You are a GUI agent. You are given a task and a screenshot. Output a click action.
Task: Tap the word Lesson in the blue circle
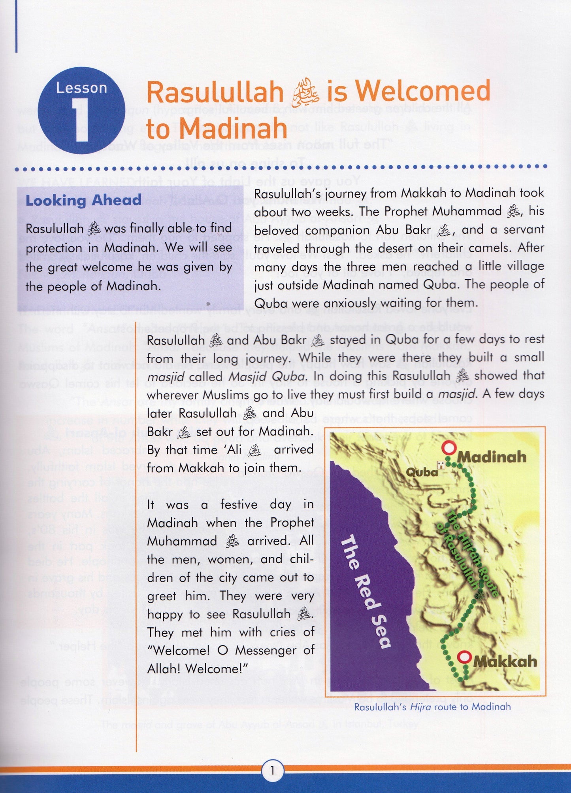(81, 88)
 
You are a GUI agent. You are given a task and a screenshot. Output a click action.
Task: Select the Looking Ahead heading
(83, 200)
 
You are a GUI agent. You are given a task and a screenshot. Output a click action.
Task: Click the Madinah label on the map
(492, 457)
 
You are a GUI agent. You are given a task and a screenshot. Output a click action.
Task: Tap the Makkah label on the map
(505, 661)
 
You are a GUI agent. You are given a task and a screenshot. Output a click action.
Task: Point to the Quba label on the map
(422, 472)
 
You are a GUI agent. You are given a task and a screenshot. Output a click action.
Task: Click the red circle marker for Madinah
(449, 449)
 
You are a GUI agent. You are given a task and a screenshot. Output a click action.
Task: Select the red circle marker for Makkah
(464, 657)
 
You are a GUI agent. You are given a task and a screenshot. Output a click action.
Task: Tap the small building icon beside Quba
(441, 465)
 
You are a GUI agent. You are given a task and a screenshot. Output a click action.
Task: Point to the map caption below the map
(432, 707)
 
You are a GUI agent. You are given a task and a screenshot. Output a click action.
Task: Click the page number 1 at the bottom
(272, 770)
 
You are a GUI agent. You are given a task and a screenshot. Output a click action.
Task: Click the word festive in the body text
(239, 505)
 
